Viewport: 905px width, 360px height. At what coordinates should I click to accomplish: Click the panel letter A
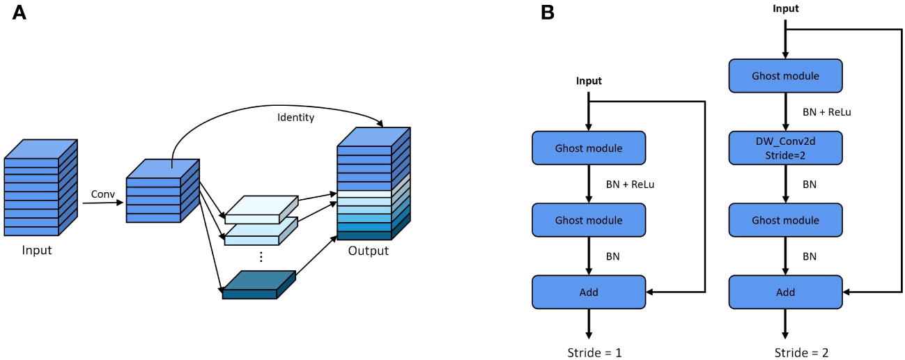[20, 13]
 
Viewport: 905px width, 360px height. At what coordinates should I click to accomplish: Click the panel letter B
[548, 13]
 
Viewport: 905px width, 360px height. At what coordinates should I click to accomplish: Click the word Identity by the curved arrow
[296, 118]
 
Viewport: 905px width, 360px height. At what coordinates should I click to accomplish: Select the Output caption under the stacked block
[369, 251]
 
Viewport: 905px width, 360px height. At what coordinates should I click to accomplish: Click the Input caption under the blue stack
[36, 250]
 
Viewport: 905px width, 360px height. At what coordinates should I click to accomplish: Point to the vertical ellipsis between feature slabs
[261, 256]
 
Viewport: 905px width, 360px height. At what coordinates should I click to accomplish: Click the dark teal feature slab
[258, 284]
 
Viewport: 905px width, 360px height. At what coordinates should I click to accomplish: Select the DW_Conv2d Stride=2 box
[786, 148]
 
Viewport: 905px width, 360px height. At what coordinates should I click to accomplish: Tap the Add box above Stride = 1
[589, 292]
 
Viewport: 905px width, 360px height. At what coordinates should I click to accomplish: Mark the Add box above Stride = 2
[786, 292]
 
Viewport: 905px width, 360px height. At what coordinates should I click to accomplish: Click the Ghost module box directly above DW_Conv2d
[786, 75]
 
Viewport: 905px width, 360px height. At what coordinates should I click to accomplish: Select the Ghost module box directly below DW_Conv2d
[786, 220]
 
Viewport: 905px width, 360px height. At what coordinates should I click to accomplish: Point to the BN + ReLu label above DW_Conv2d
[827, 111]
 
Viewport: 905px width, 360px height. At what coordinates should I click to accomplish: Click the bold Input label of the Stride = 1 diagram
[589, 81]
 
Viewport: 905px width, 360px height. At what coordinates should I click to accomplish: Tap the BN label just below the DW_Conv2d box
[810, 185]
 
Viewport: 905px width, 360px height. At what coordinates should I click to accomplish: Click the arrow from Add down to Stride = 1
[589, 323]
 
